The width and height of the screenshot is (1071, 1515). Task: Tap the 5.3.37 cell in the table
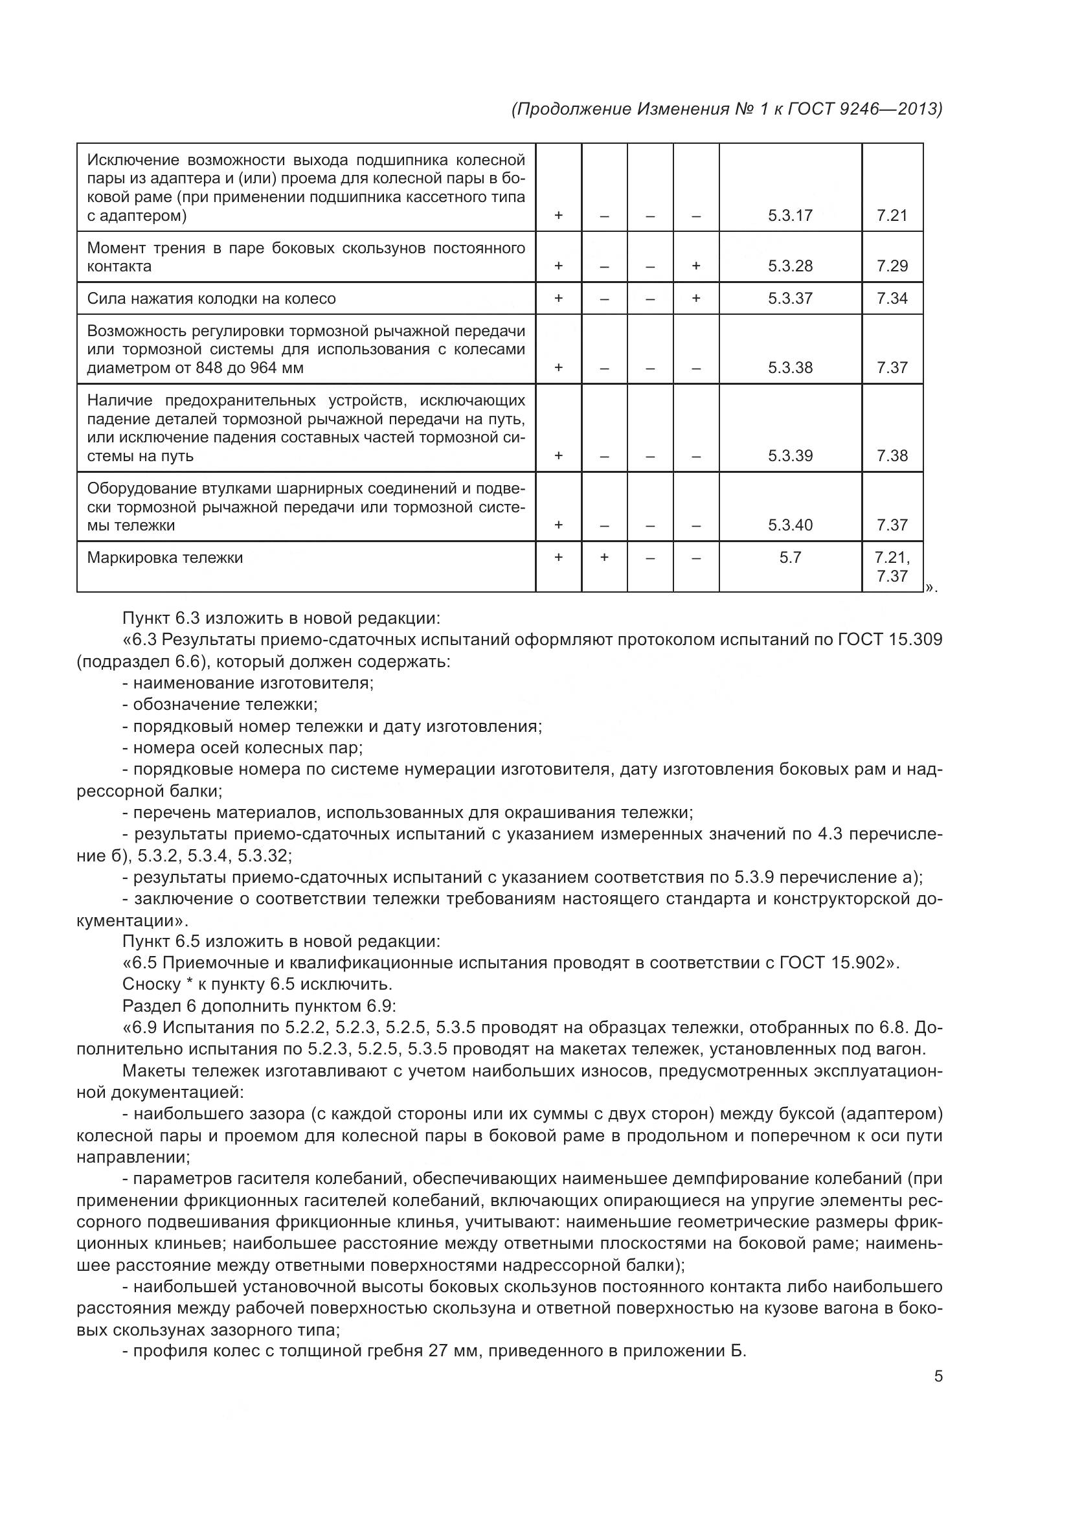click(789, 298)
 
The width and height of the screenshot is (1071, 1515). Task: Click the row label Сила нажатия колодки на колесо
click(211, 298)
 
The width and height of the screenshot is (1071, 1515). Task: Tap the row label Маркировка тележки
click(165, 558)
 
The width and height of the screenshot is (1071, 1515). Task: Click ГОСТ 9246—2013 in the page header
click(864, 109)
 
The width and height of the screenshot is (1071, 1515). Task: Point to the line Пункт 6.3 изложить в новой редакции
click(281, 619)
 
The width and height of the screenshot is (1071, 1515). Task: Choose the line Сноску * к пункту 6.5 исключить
click(257, 984)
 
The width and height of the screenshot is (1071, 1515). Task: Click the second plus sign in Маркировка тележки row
click(603, 558)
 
